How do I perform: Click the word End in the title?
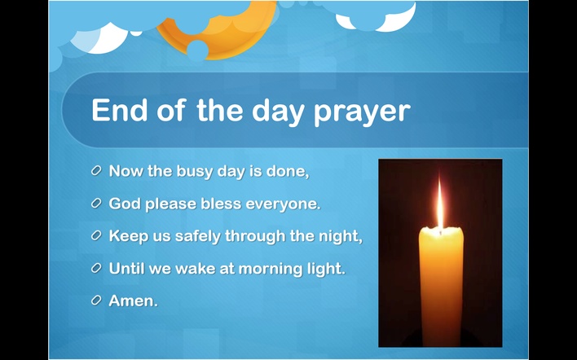coord(119,110)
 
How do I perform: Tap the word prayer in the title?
coord(362,112)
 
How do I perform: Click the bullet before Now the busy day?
coord(96,170)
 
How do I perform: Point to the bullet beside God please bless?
coord(96,203)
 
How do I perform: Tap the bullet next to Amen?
coord(96,301)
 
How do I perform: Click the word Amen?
coord(133,301)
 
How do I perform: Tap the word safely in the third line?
coord(198,236)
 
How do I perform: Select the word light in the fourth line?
coord(327,269)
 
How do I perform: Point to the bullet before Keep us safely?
coord(96,235)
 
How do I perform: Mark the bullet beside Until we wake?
coord(96,268)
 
